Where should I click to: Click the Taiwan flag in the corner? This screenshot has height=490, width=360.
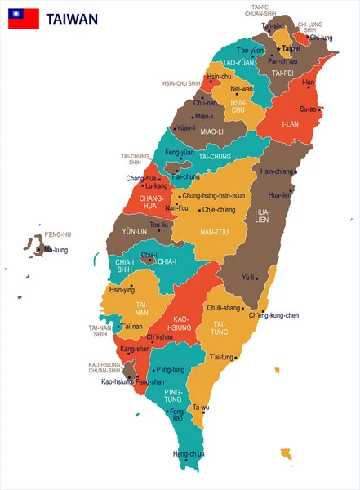click(x=24, y=18)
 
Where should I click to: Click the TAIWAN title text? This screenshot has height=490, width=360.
click(x=72, y=18)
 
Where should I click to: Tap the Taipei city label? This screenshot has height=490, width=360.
click(x=291, y=49)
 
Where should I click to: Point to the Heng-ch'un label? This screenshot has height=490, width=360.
click(x=189, y=453)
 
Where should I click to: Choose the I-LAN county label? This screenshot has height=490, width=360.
click(x=291, y=124)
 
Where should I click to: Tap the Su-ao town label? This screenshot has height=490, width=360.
click(x=309, y=109)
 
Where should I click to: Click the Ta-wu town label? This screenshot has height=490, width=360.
click(x=200, y=407)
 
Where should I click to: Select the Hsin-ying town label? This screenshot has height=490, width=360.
click(x=122, y=289)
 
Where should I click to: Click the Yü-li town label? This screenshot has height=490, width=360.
click(x=248, y=277)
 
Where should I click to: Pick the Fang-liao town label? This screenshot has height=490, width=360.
click(x=176, y=415)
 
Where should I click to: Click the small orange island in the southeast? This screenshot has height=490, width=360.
click(x=286, y=452)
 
